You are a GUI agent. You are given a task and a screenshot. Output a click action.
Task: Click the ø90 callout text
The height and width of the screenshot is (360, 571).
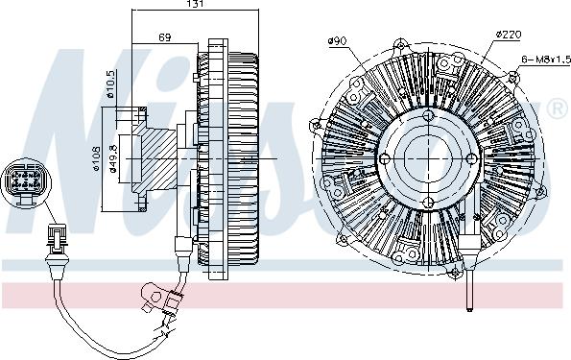pos(336,40)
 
